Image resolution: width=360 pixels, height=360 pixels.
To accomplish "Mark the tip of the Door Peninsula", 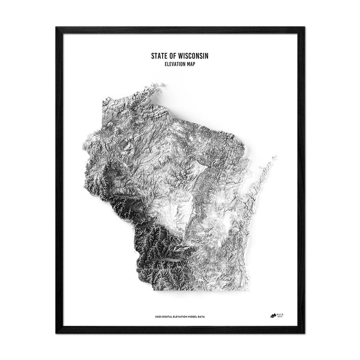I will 275,156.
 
